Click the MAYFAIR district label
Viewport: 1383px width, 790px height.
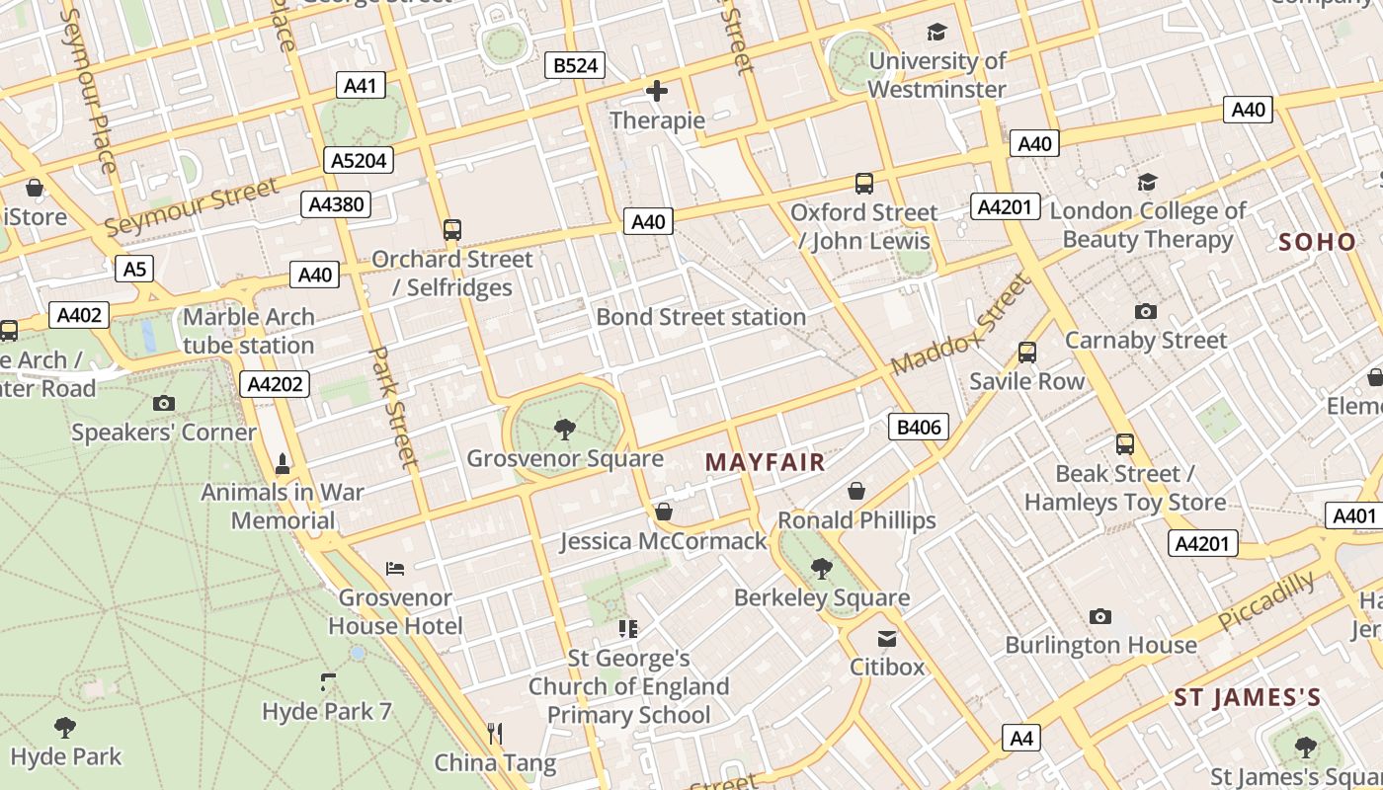765,461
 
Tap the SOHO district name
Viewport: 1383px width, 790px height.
1317,242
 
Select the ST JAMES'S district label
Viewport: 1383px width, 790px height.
1247,698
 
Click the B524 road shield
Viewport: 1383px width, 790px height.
575,66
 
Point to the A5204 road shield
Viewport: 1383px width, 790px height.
360,161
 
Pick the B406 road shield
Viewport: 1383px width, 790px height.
919,428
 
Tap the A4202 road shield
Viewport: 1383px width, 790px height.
275,384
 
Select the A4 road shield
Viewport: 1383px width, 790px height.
1021,738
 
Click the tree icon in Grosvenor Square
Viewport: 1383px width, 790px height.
564,429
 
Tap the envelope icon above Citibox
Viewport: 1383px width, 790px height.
887,639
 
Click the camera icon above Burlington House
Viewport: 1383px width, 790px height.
1100,617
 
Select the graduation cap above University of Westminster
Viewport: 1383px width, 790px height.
936,33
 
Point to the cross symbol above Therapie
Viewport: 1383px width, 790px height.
657,92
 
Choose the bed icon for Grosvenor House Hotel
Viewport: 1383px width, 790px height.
395,569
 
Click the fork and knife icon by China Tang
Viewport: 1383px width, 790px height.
496,733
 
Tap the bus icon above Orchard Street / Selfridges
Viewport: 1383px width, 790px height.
452,230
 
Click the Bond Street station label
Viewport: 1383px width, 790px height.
700,317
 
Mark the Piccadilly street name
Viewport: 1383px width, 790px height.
1266,600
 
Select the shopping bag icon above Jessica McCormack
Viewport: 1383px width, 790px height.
664,512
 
